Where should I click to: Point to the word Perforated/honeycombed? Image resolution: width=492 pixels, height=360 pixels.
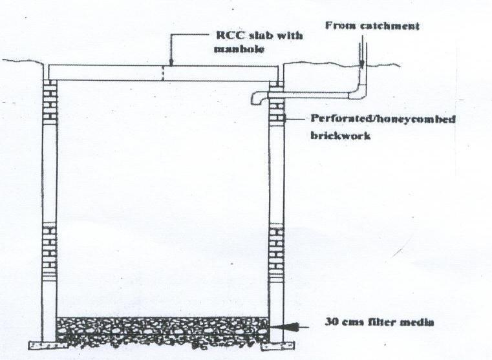coord(374,120)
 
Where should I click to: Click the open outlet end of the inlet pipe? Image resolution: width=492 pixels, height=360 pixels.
coord(253,99)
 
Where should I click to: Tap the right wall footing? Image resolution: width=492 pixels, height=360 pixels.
coord(283,343)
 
